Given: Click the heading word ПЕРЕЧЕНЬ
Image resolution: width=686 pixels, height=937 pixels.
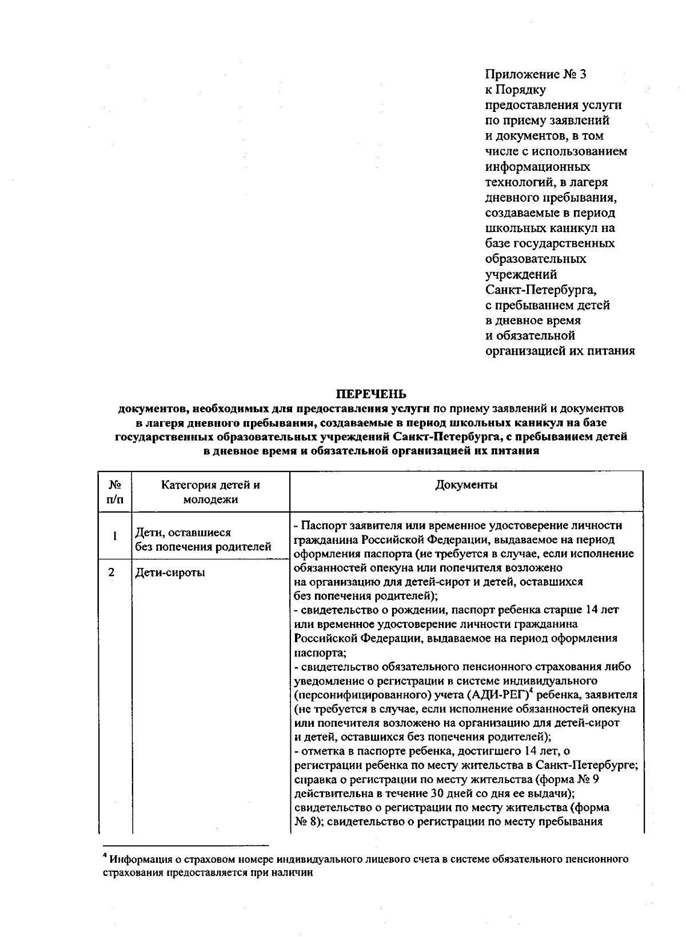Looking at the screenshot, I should coord(370,394).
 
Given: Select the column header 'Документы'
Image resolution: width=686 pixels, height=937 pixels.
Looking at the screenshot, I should coord(466,486).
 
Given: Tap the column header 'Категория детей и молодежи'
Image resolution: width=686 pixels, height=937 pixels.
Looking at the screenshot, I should coord(210,492).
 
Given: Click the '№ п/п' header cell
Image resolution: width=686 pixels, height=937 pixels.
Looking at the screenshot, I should coord(114,492).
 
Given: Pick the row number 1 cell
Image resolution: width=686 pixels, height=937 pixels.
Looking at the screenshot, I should coord(114,536).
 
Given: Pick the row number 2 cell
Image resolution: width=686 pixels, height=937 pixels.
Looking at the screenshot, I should coord(112,572).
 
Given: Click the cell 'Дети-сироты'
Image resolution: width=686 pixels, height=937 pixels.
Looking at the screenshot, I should coord(170,572).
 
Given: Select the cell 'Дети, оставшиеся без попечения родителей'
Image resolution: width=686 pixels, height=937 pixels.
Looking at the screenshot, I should coord(202,540).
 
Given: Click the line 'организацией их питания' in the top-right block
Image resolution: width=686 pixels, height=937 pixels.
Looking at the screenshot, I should coord(560,351).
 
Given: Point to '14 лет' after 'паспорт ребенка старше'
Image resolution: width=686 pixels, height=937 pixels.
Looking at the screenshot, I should coord(603,610).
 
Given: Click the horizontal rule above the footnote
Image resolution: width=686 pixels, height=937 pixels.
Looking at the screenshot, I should coord(186,845).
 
